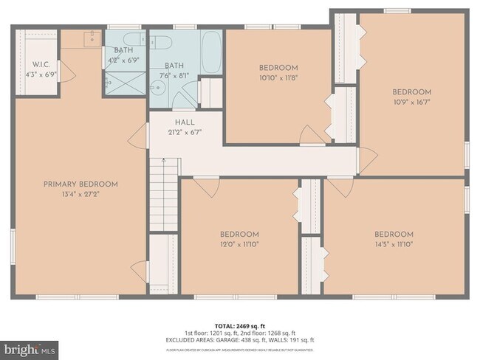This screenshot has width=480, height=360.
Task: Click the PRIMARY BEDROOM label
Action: coord(80,184)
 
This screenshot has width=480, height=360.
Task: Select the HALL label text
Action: coord(184,122)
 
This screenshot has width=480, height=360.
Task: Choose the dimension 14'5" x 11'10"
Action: coord(394,244)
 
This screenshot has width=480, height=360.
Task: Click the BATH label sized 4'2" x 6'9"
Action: coord(124,50)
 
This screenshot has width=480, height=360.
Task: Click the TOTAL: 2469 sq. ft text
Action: coord(240,325)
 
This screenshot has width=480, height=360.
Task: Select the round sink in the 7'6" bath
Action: coord(157,89)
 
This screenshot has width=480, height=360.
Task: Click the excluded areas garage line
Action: coord(240,340)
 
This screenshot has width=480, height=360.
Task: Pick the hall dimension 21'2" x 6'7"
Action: coord(184,133)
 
